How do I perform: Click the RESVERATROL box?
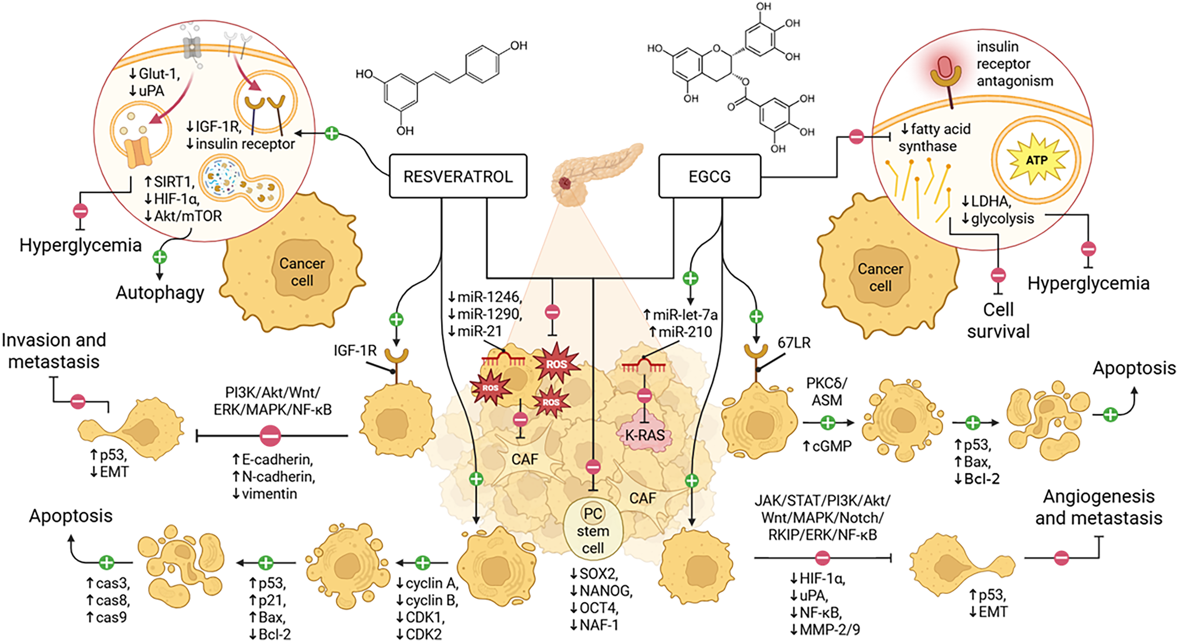pyautogui.click(x=458, y=176)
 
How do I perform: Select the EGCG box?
pyautogui.click(x=710, y=176)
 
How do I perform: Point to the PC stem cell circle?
pyautogui.click(x=593, y=530)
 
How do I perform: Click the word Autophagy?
pyautogui.click(x=160, y=293)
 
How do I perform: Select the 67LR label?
pyautogui.click(x=794, y=342)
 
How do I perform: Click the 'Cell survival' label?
pyautogui.click(x=998, y=321)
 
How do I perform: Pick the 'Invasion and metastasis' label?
pyautogui.click(x=54, y=351)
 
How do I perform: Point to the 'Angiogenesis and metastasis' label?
pyautogui.click(x=1099, y=507)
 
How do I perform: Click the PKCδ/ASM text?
pyautogui.click(x=827, y=391)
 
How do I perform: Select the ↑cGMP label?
pyautogui.click(x=827, y=446)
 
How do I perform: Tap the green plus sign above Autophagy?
pyautogui.click(x=159, y=257)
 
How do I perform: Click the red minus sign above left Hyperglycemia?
pyautogui.click(x=80, y=211)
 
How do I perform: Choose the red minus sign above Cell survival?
pyautogui.click(x=998, y=275)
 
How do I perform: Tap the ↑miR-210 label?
pyautogui.click(x=678, y=332)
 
